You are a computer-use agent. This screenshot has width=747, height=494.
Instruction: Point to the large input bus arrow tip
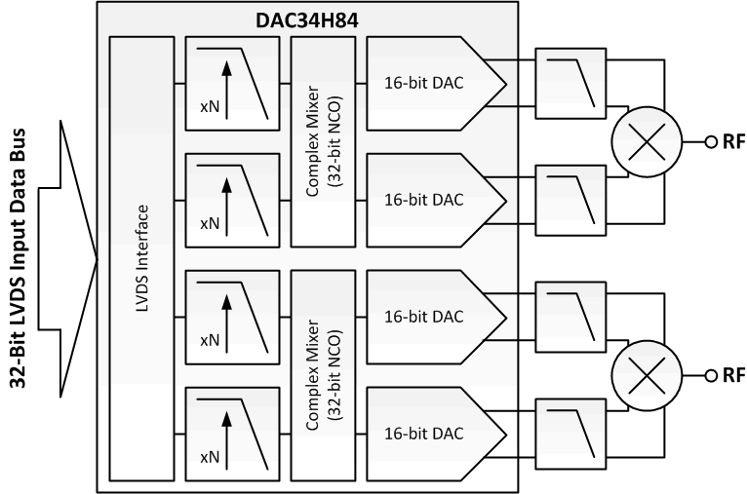[96, 259]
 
